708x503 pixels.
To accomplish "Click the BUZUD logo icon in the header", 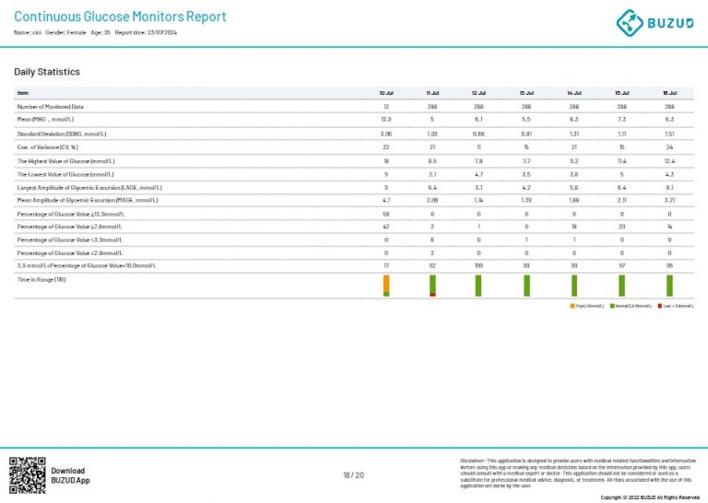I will coord(630,22).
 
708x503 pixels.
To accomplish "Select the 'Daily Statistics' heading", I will coord(47,72).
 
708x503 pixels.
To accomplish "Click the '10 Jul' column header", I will coord(386,93).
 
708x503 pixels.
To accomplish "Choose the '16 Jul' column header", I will coord(670,93).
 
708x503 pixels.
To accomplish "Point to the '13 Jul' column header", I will coord(526,93).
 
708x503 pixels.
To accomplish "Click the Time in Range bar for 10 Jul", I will coord(386,286).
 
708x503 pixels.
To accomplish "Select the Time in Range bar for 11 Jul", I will coord(432,286).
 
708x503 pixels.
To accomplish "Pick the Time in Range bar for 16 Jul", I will coord(670,286).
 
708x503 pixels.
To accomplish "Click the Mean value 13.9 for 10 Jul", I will coord(386,120).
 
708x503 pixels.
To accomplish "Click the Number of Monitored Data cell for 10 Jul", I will coord(386,107).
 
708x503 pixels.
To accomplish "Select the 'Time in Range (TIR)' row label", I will coord(41,279).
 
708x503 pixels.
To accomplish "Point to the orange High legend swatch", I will coord(572,305).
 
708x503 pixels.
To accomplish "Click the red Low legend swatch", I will coord(659,305).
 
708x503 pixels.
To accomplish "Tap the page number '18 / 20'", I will coord(353,475).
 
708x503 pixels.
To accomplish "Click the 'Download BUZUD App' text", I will coord(70,475).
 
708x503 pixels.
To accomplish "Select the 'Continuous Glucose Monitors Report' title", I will coord(120,17).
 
